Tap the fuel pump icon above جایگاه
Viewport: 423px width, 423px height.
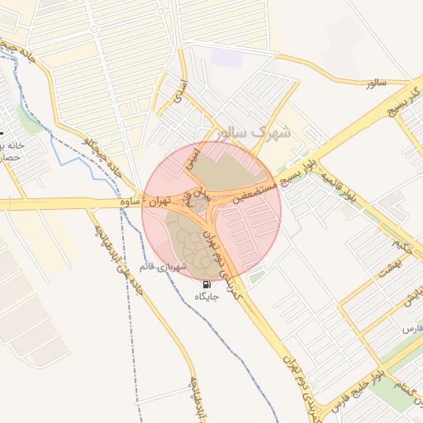(x=206, y=283)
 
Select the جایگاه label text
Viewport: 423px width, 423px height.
(x=207, y=296)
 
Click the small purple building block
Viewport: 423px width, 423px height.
(x=226, y=59)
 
